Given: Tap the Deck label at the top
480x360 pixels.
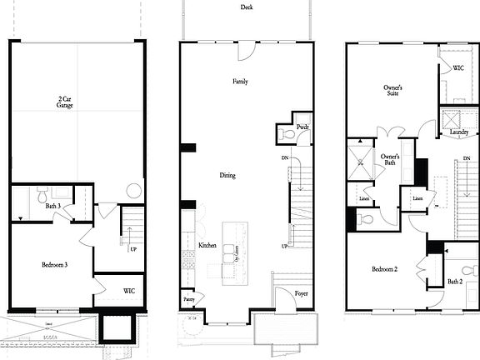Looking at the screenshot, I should click(x=247, y=7).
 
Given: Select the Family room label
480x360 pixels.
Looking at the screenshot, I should click(x=240, y=82).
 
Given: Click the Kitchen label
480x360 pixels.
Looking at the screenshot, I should click(x=207, y=245).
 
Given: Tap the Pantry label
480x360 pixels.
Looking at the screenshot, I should click(x=188, y=297).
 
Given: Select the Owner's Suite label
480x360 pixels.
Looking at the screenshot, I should click(x=393, y=90).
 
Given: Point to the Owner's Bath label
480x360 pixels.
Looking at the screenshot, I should click(x=389, y=160).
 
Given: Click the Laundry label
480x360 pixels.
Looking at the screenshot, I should click(x=459, y=132).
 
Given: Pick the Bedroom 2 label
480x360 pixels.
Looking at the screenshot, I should click(x=385, y=268).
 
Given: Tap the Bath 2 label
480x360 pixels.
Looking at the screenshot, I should click(x=455, y=281).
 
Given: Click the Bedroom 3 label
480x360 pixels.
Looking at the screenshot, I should click(x=54, y=265).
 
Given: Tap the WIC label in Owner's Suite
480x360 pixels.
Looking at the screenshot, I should click(x=458, y=67).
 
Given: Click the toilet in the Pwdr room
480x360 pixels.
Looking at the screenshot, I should click(x=286, y=133).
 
